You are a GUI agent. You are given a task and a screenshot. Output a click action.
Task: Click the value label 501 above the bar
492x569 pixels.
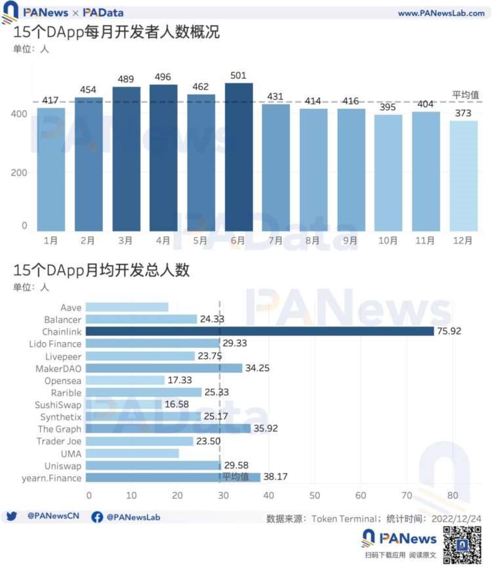point(238,76)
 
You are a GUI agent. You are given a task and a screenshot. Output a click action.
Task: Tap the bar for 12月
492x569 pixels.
point(463,175)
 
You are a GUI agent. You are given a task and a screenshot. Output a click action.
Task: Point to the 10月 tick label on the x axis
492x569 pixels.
point(388,241)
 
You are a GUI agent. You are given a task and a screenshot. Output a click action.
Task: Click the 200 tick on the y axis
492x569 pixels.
point(19,172)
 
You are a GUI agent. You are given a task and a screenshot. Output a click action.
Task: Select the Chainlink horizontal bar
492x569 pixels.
point(260,331)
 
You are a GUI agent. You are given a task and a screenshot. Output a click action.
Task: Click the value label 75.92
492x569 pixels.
point(449,331)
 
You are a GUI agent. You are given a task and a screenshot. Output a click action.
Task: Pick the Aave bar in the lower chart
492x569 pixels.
point(127,306)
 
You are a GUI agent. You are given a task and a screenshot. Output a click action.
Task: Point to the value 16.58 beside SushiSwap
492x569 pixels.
point(176,404)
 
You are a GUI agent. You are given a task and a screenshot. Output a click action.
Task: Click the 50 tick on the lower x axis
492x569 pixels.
point(315,494)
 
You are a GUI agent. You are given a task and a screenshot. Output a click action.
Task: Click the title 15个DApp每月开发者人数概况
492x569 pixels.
point(116,33)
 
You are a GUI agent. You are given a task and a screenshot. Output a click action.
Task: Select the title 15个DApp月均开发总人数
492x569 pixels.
point(102,270)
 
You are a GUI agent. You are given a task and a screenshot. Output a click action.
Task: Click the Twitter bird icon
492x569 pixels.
point(11,516)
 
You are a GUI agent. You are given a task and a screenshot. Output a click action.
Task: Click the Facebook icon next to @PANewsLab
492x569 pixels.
point(97,517)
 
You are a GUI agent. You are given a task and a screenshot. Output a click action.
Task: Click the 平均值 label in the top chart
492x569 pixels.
point(464,95)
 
